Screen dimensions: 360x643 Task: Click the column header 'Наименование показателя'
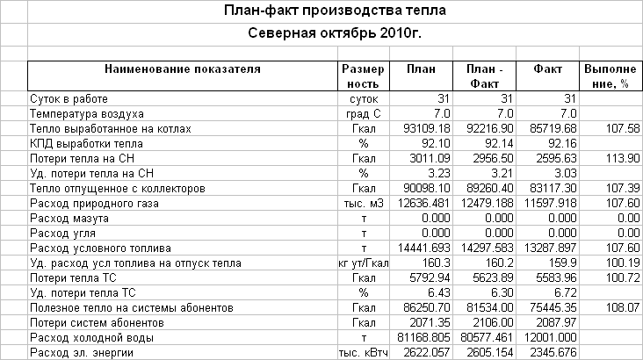tap(182, 68)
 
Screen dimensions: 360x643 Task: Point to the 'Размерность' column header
tap(362, 76)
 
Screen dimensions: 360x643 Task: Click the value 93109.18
tap(426, 129)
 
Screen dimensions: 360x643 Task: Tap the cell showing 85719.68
tap(553, 129)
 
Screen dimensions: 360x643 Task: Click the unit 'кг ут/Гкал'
tap(362, 263)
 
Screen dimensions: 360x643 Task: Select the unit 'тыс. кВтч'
tap(362, 353)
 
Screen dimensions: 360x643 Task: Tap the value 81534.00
tap(489, 308)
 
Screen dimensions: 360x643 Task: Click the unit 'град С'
tap(362, 114)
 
